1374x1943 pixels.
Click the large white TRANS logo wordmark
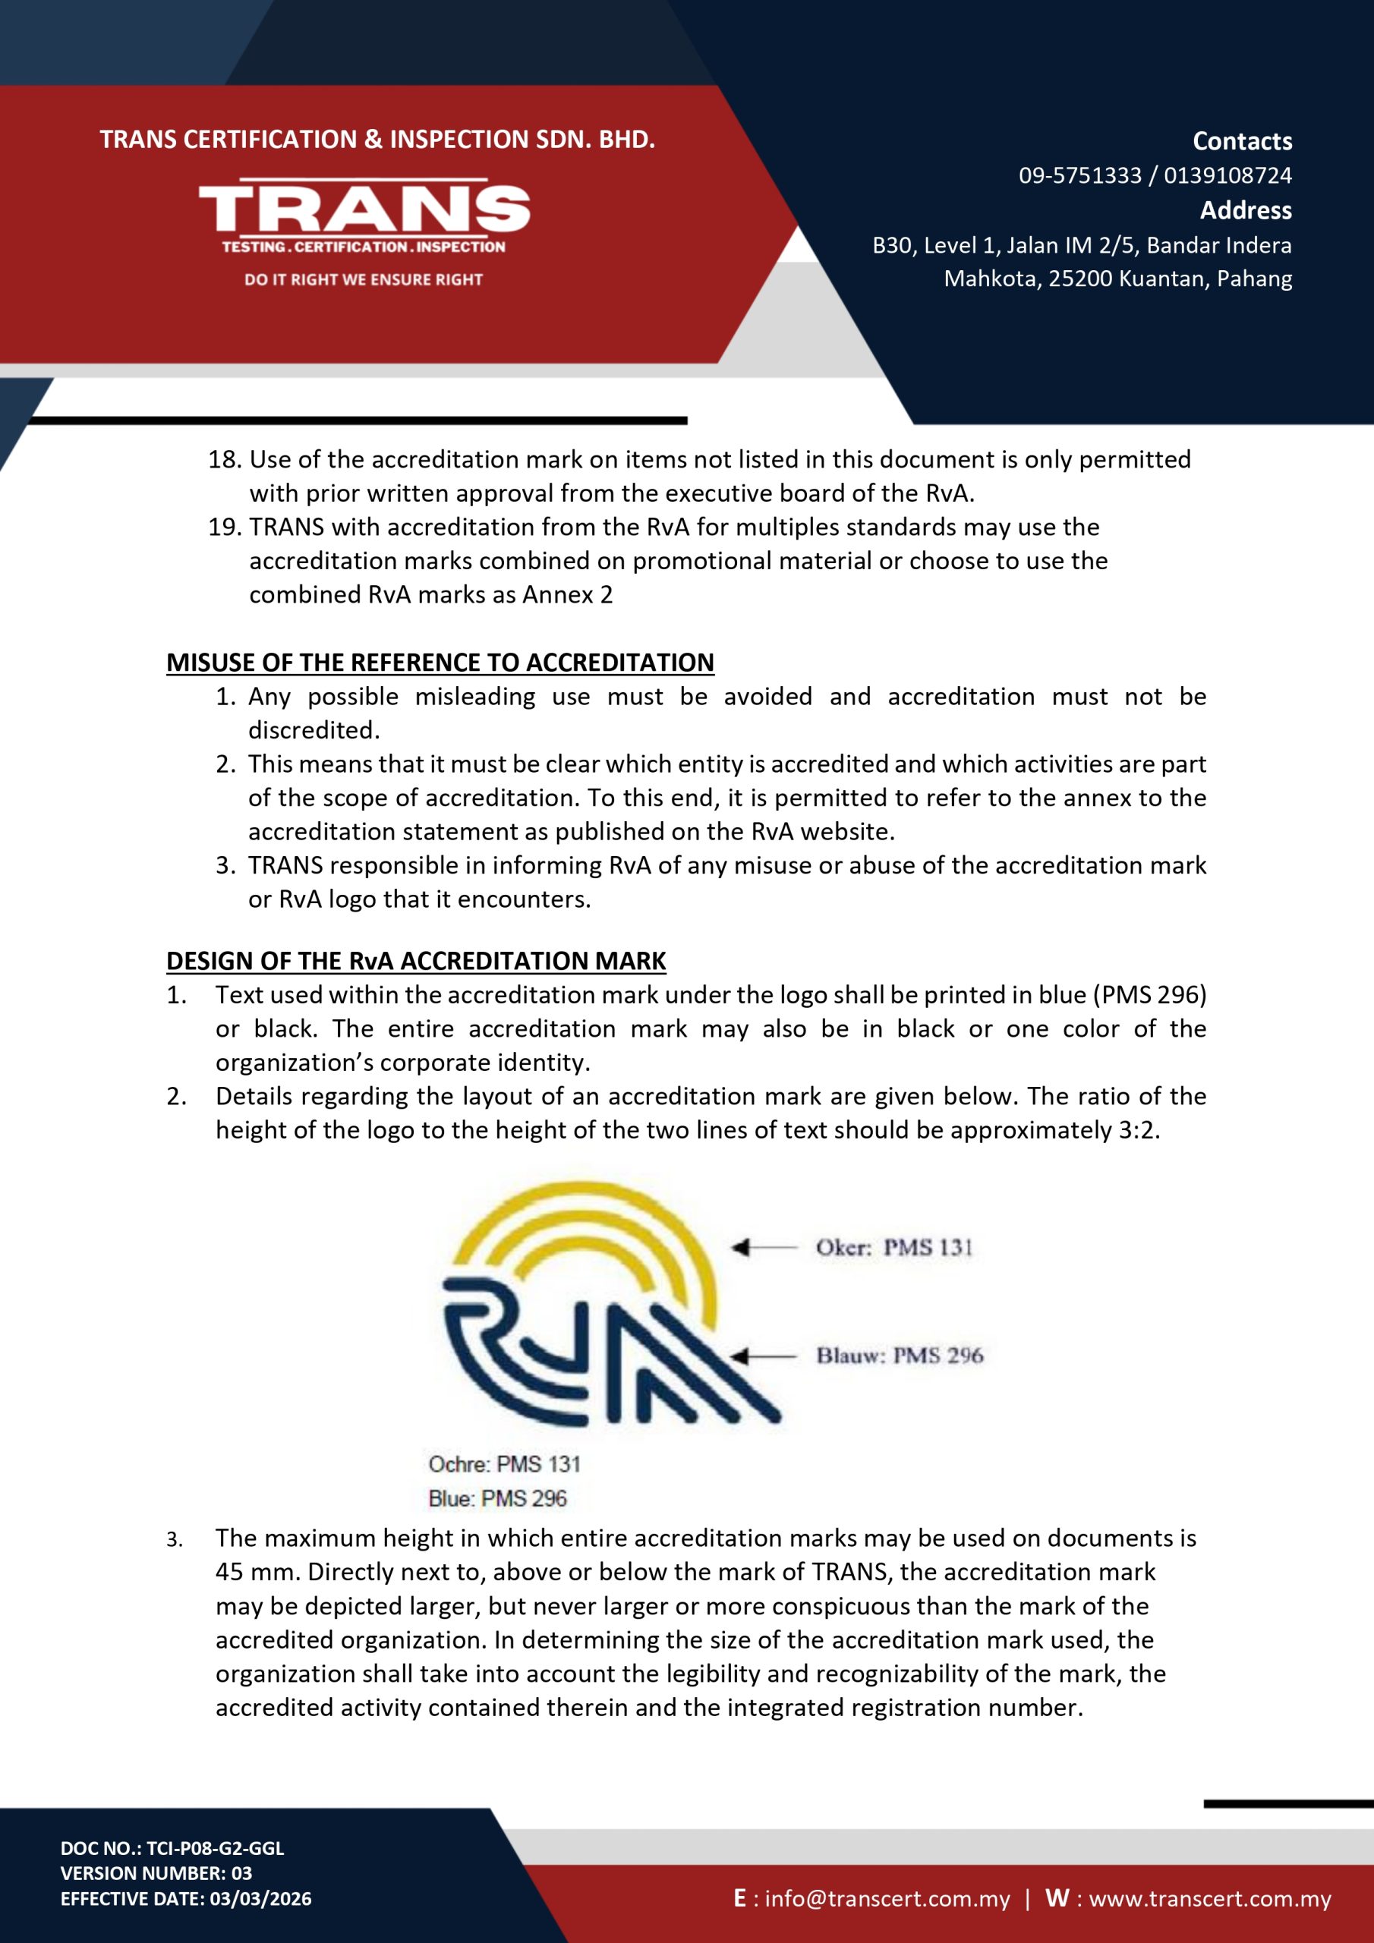[364, 207]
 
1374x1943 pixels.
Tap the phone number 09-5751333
[1079, 175]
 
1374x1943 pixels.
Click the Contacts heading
[1242, 140]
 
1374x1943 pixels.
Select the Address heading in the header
[1245, 210]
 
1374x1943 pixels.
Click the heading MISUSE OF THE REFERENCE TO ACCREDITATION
[440, 662]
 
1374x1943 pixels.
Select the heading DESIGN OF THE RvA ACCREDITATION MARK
[416, 961]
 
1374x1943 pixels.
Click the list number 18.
[225, 459]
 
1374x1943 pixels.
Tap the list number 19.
[225, 527]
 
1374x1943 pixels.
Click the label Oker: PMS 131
[894, 1247]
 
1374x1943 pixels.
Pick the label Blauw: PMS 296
[899, 1356]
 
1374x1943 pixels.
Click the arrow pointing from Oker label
[764, 1247]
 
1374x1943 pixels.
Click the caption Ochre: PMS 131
[505, 1464]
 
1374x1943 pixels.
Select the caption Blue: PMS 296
[498, 1499]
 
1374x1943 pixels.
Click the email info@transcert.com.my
[887, 1898]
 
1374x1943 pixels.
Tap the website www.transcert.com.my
[1210, 1898]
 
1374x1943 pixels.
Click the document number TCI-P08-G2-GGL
[215, 1847]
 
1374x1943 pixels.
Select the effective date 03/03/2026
[260, 1898]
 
